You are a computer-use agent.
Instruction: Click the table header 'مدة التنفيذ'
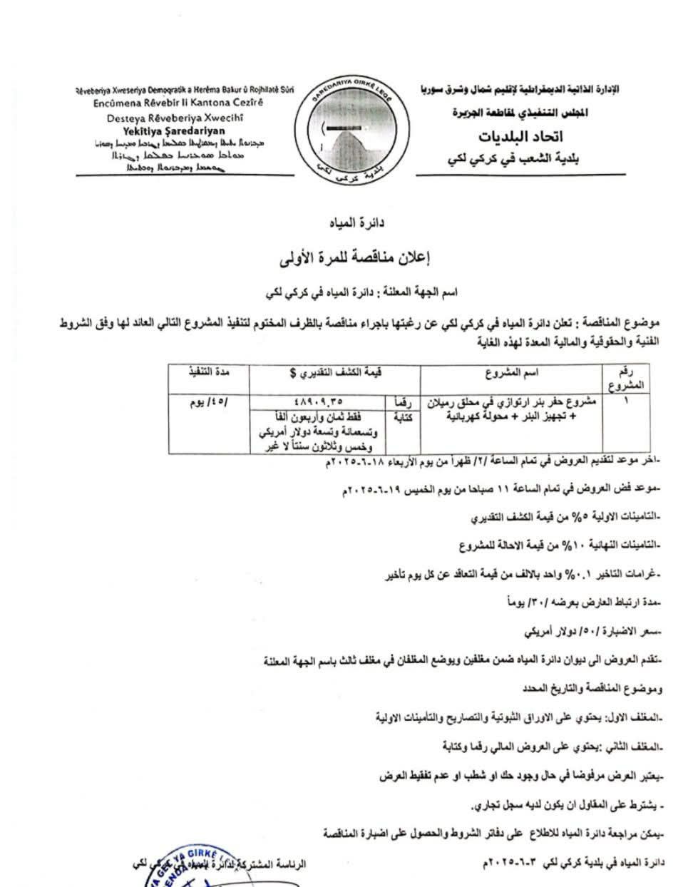207,372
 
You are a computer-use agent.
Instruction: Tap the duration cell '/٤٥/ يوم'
207,401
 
